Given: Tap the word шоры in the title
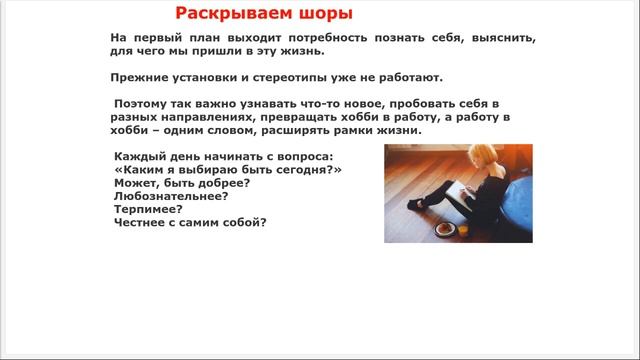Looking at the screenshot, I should click(323, 14).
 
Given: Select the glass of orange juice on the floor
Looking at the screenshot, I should click(463, 229).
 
